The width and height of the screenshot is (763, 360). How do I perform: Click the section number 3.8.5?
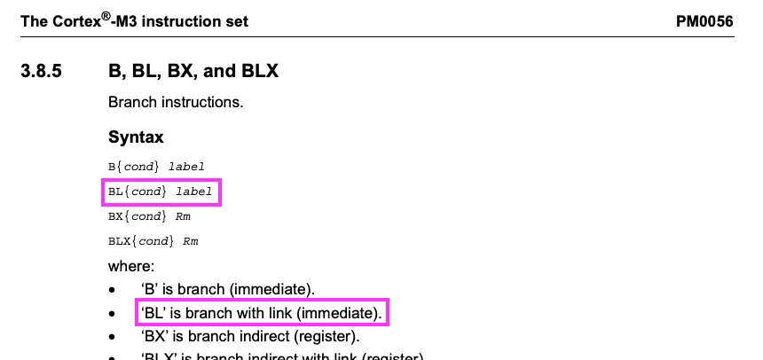(x=42, y=71)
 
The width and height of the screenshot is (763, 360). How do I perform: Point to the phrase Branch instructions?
(x=176, y=102)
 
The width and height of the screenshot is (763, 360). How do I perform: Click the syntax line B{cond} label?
(x=156, y=166)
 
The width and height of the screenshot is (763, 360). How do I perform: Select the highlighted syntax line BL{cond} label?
(x=161, y=191)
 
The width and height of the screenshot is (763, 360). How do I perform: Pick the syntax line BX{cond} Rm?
(x=149, y=216)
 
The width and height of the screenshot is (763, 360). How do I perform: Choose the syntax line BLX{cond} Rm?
(x=153, y=241)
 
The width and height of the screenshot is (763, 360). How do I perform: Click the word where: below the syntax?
(x=131, y=266)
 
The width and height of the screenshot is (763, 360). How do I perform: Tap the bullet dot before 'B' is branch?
(x=112, y=290)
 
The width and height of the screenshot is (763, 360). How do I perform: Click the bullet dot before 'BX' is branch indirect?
(x=112, y=338)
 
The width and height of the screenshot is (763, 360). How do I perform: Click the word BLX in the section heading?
(x=256, y=71)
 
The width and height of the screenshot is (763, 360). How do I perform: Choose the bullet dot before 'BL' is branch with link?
(x=112, y=314)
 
